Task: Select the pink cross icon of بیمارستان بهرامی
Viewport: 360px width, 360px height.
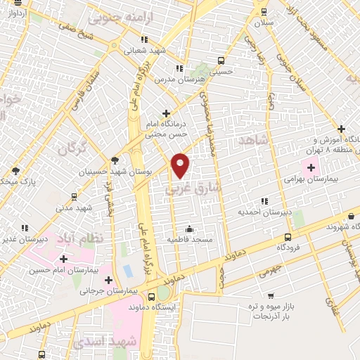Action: (x=311, y=167)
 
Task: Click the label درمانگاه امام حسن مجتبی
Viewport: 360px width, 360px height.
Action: (x=165, y=127)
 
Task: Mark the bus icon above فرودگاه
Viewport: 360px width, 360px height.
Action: (x=287, y=237)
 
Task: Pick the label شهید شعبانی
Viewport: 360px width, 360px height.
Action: (x=146, y=50)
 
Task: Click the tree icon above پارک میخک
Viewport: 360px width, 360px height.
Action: (x=15, y=170)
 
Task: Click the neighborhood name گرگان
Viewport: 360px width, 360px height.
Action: (x=71, y=149)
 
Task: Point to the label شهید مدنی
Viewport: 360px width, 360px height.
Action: (x=75, y=207)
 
